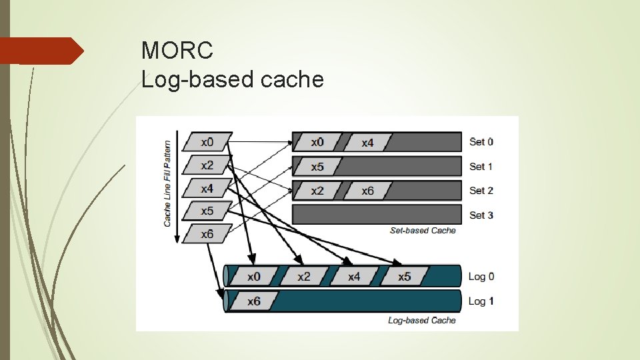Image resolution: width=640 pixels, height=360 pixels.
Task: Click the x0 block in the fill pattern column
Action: (x=207, y=142)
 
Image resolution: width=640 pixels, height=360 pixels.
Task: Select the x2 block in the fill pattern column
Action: (x=207, y=165)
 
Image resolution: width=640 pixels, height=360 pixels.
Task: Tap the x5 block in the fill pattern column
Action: (x=207, y=211)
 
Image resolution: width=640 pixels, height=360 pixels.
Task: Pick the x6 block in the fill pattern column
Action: (x=207, y=234)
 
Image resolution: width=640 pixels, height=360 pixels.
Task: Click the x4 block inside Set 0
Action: (x=367, y=143)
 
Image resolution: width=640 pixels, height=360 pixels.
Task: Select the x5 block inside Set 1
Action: (x=317, y=167)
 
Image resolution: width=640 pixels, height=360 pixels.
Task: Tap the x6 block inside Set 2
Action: (x=367, y=191)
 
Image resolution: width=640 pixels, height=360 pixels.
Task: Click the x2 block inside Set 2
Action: (x=317, y=191)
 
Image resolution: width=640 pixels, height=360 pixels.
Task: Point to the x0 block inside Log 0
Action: (x=254, y=277)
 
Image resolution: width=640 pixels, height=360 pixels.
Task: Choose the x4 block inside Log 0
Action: (x=353, y=277)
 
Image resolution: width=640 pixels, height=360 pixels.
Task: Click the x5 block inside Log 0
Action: (x=404, y=277)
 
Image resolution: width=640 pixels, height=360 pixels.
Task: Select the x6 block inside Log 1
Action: (x=254, y=301)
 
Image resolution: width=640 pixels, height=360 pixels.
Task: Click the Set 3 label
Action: (x=481, y=215)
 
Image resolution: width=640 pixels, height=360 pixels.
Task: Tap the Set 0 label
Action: (x=481, y=141)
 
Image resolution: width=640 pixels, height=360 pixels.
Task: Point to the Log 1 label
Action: (x=481, y=301)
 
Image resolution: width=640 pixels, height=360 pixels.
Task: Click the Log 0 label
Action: (x=481, y=277)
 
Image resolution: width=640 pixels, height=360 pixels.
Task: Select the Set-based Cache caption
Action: (x=423, y=231)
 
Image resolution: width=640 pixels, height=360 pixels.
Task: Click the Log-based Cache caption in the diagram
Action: (x=422, y=321)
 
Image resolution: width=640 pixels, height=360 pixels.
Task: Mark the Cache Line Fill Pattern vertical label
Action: (x=167, y=183)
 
